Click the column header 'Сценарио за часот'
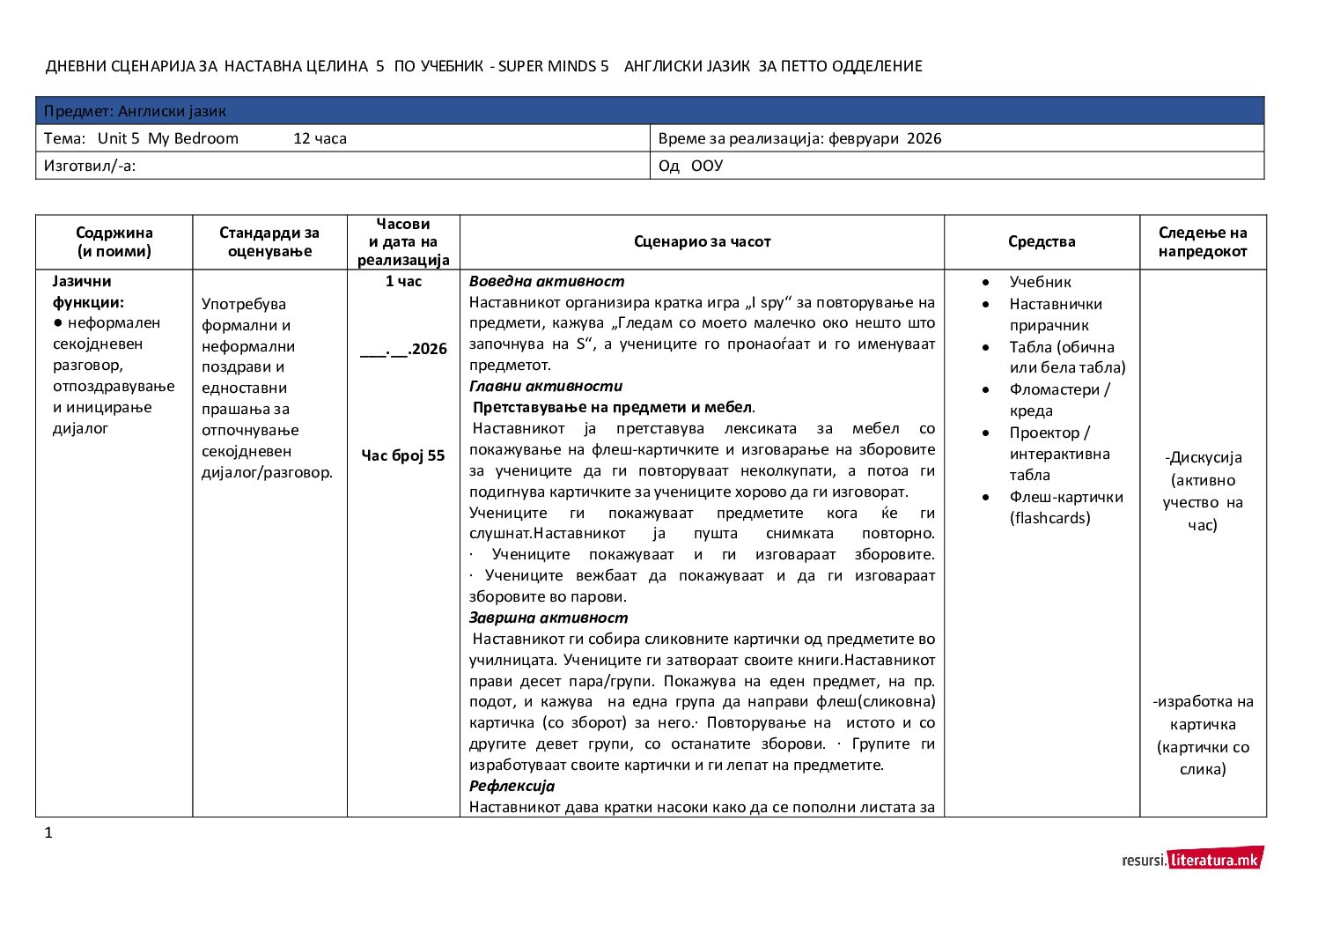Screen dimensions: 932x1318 pyautogui.click(x=702, y=241)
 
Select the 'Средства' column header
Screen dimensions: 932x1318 pyautogui.click(x=1042, y=241)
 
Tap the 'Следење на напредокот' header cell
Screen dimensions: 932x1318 pyautogui.click(x=1203, y=241)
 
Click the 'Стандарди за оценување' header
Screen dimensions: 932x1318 pyautogui.click(x=269, y=241)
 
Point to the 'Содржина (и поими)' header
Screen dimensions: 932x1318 pyautogui.click(x=114, y=241)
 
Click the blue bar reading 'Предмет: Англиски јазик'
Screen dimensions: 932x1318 pyautogui.click(x=650, y=111)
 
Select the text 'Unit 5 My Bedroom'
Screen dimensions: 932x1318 pyautogui.click(x=167, y=138)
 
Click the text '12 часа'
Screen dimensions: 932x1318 pyautogui.click(x=320, y=138)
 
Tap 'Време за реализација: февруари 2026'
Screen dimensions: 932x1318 pyautogui.click(x=799, y=138)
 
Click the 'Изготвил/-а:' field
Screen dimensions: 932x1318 pyautogui.click(x=90, y=166)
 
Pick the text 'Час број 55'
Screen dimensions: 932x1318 pyautogui.click(x=403, y=455)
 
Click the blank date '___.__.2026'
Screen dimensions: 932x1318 pyautogui.click(x=403, y=349)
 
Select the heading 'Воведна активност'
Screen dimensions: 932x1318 pyautogui.click(x=547, y=281)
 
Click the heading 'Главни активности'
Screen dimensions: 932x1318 pyautogui.click(x=546, y=386)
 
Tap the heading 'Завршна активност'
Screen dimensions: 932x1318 pyautogui.click(x=549, y=618)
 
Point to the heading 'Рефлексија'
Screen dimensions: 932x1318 pyautogui.click(x=512, y=786)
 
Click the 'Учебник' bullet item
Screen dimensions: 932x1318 pyautogui.click(x=1040, y=282)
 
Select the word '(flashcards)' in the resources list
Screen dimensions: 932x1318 pyautogui.click(x=1049, y=518)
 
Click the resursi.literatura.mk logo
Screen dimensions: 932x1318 pyautogui.click(x=1192, y=859)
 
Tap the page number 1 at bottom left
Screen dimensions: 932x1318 pyautogui.click(x=48, y=832)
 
